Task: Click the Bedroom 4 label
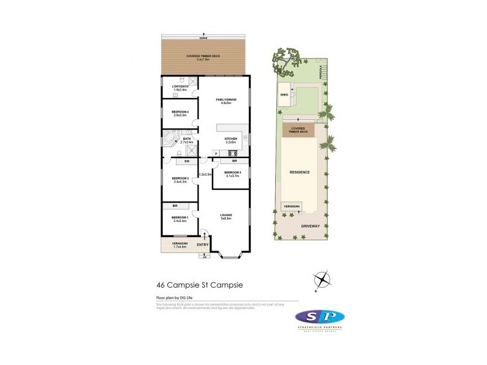pos(180,113)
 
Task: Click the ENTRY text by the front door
pos(202,245)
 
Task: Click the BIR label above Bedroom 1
pos(175,206)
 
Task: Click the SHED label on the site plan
pos(284,95)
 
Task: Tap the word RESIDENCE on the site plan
pos(300,172)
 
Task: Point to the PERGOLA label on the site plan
pos(319,73)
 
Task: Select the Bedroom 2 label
pos(180,179)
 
